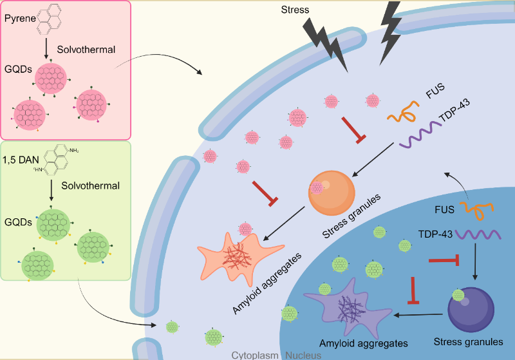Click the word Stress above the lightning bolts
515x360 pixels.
296,10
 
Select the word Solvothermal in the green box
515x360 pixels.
90,186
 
